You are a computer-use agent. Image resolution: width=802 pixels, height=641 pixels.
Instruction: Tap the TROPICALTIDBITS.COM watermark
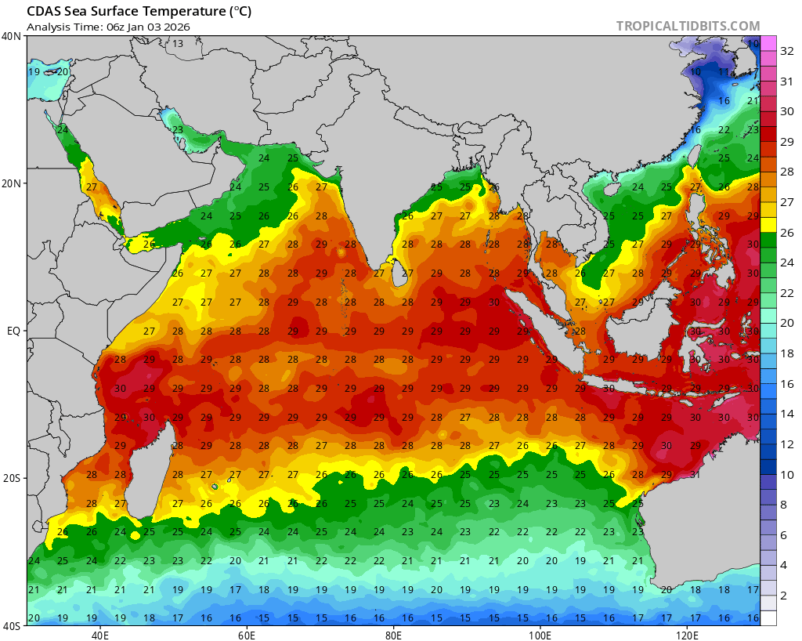(x=688, y=26)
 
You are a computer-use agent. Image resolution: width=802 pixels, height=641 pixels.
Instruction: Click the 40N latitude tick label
(x=12, y=36)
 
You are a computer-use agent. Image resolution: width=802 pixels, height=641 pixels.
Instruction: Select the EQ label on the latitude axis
(x=13, y=331)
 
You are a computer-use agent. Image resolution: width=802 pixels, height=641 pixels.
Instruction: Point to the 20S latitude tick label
(x=12, y=478)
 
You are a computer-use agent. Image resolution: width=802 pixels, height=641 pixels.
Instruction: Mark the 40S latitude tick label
(x=12, y=625)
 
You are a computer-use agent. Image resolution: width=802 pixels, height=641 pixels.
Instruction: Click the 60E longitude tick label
(x=247, y=635)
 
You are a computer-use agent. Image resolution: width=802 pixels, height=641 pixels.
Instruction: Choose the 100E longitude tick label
(x=540, y=635)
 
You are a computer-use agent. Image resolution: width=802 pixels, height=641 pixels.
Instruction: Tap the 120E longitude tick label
(x=688, y=635)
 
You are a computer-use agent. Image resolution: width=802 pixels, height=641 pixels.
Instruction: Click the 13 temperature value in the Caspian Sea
(x=178, y=43)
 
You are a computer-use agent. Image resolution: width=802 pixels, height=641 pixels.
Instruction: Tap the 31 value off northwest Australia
(x=694, y=475)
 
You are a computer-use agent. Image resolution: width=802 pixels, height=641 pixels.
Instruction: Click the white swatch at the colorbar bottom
(x=768, y=617)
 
